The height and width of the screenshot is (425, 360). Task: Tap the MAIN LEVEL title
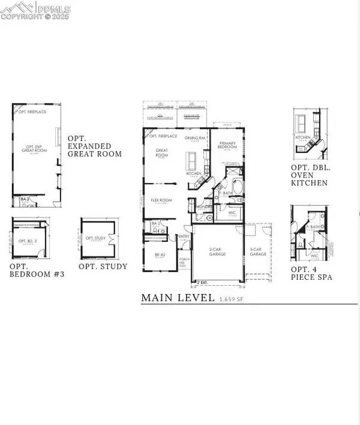(x=178, y=297)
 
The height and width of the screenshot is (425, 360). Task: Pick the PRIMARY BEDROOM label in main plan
(x=227, y=146)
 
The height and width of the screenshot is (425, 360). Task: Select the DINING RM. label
(x=196, y=138)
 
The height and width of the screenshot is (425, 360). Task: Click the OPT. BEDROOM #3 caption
(x=37, y=270)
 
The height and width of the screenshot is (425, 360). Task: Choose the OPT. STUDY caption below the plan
(x=103, y=266)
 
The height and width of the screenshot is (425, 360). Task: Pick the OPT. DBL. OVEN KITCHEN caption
(x=310, y=174)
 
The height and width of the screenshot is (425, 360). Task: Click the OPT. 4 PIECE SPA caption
(x=311, y=273)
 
